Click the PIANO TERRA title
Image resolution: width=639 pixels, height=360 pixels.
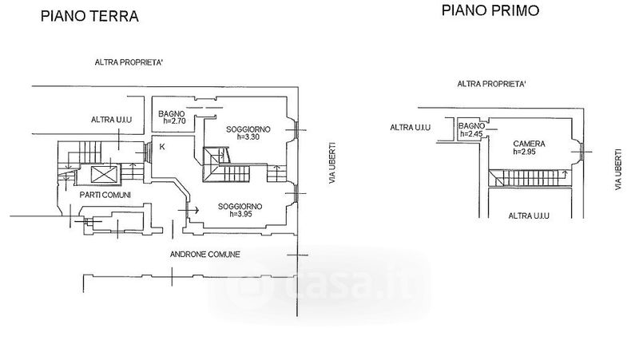point(90,16)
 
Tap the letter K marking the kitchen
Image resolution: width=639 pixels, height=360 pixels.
point(162,146)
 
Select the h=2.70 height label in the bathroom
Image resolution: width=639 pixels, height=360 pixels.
point(174,121)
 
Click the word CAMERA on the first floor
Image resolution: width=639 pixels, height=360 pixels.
point(529,144)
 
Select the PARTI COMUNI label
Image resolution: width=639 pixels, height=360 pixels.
point(105,195)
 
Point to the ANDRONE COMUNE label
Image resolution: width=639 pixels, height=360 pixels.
point(205,255)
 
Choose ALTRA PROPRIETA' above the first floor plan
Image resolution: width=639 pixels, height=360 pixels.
point(491,83)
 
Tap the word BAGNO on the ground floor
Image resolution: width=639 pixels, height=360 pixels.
point(172,113)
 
